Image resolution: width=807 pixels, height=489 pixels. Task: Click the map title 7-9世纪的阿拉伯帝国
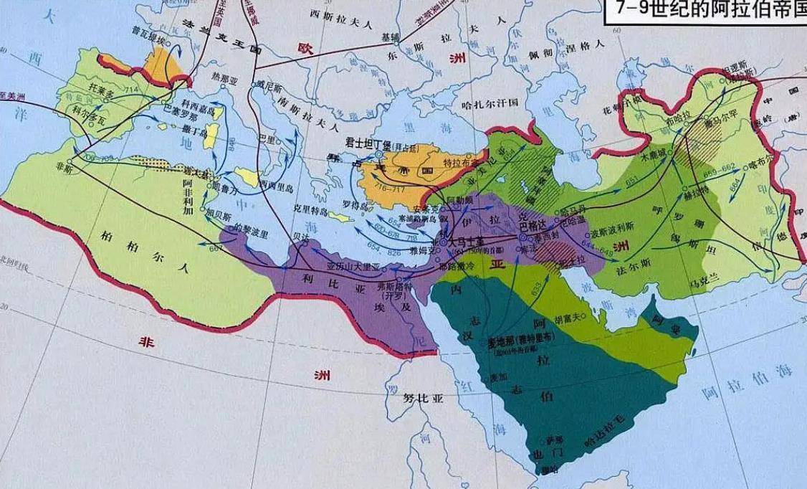coord(705,11)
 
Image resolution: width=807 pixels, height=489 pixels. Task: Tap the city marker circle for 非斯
coord(70,161)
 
